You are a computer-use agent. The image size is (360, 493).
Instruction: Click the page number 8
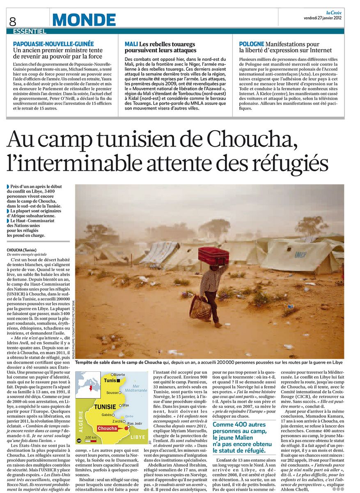point(12,21)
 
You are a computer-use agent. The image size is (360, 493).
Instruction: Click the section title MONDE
point(84,19)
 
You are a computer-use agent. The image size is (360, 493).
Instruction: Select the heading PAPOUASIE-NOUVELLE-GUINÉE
point(53,44)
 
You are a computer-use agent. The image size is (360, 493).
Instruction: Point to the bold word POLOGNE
point(252,44)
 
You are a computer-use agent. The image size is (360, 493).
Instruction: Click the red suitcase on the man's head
point(213,256)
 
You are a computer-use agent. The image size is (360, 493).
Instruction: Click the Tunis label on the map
point(110,380)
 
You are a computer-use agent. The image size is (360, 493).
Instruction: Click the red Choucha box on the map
point(108,428)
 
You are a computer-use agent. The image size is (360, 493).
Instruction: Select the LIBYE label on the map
point(138,438)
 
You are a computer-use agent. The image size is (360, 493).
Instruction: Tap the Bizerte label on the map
point(119,375)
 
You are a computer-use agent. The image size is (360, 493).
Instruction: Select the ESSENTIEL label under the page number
point(30,31)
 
